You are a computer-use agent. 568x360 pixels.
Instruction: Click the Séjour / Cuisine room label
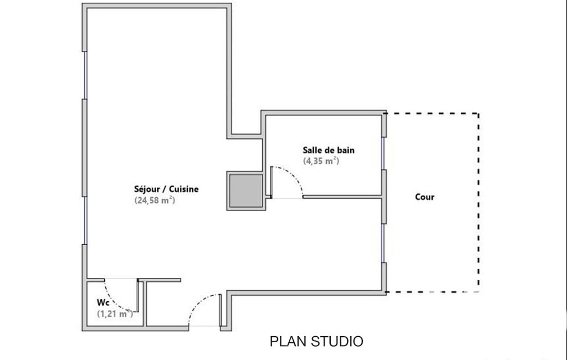pos(166,189)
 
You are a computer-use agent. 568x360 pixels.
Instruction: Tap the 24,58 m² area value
pos(155,200)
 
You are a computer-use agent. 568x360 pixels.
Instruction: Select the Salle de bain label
pos(329,150)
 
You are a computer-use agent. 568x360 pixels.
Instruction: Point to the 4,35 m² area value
pos(321,161)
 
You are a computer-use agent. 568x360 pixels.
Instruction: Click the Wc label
pos(103,302)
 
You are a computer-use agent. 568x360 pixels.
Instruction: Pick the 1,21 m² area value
pos(115,313)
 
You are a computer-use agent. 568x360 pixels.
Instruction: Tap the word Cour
pos(424,197)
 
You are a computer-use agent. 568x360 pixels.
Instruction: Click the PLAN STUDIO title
pos(316,342)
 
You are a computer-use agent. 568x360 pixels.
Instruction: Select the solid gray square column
pos(246,191)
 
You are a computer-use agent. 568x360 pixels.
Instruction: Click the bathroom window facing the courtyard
pos(383,153)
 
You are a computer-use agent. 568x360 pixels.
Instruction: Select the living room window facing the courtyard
pos(383,243)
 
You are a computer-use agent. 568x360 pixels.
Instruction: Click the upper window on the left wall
pos(85,75)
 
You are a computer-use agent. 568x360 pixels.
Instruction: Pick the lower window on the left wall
pos(85,220)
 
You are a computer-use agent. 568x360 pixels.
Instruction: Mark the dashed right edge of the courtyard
pos(479,203)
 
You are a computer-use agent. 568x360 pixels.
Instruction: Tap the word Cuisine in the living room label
pos(183,189)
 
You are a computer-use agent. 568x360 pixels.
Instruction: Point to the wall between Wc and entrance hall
pos(145,304)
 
